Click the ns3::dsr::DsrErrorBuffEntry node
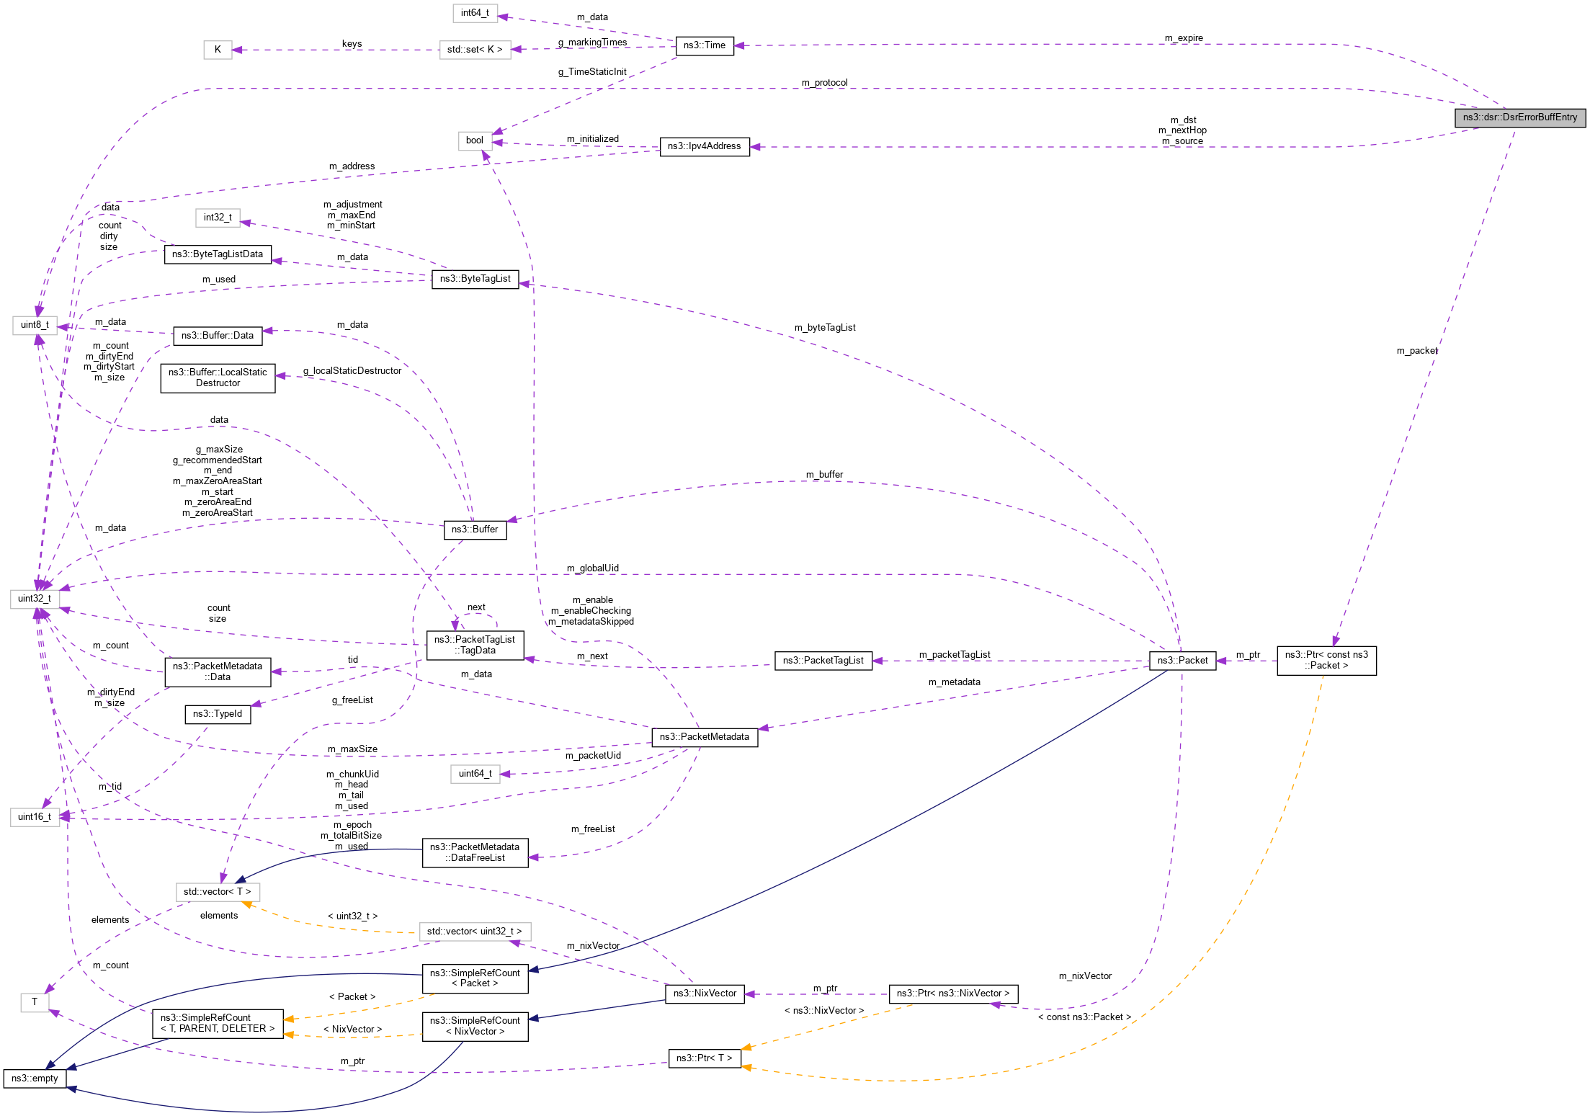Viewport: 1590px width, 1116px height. click(1519, 117)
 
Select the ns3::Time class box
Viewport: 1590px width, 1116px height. click(704, 45)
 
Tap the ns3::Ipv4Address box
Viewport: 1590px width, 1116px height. click(704, 146)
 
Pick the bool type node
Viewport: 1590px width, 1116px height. click(475, 140)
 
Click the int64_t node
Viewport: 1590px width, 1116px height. click(475, 13)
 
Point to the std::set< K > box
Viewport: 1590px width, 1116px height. click(475, 50)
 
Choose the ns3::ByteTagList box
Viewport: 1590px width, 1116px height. click(475, 279)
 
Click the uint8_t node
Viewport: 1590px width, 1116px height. click(35, 325)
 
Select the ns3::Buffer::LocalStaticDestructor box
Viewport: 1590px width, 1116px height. click(218, 378)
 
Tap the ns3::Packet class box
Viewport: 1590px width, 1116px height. click(1182, 660)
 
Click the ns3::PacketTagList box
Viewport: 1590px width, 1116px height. click(823, 660)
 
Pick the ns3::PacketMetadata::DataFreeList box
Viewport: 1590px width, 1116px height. click(475, 852)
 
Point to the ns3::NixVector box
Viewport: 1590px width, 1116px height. click(704, 994)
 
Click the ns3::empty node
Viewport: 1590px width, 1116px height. click(35, 1078)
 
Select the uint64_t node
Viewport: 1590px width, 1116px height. click(475, 774)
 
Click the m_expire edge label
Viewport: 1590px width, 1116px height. click(1184, 38)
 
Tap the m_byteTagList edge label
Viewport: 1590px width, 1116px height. click(825, 328)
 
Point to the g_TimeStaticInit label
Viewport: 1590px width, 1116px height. click(592, 72)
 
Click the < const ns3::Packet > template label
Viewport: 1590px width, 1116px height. click(1084, 1017)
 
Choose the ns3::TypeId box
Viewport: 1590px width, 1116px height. click(218, 714)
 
